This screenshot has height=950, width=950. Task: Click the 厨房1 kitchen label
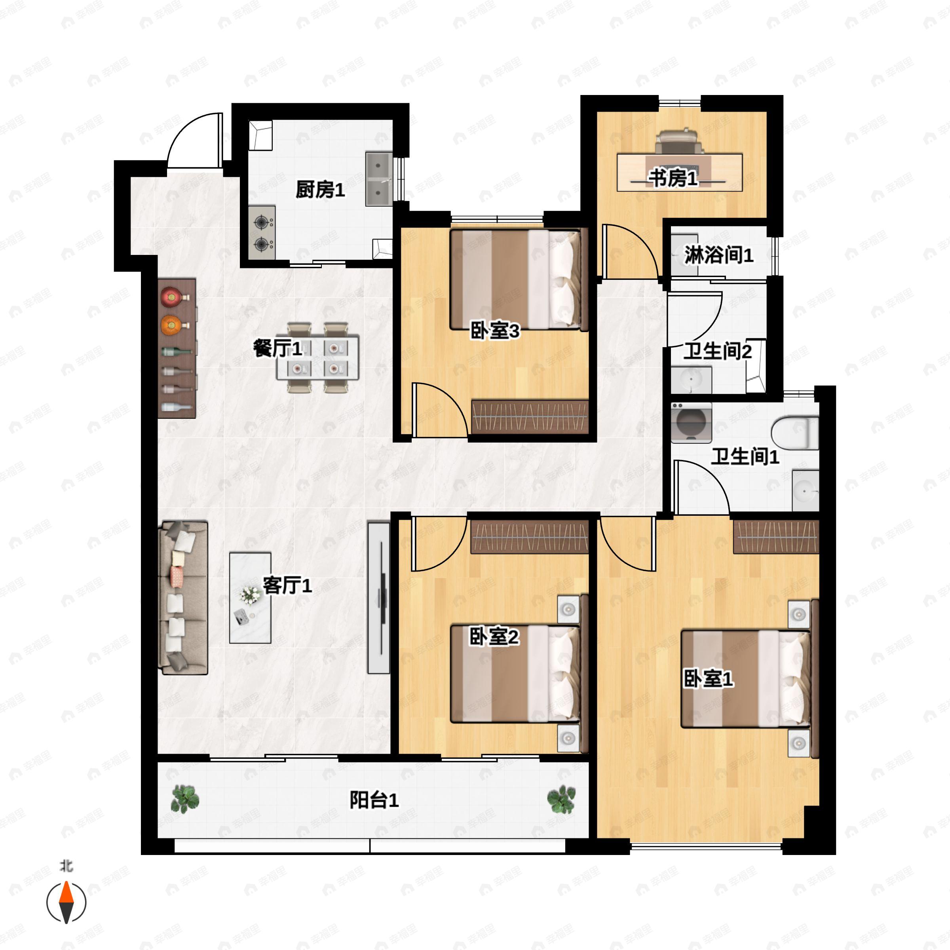pyautogui.click(x=320, y=190)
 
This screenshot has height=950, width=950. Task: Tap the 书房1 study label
pyautogui.click(x=673, y=178)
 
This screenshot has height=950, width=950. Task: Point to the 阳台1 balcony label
pyautogui.click(x=374, y=800)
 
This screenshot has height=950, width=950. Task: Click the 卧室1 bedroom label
pyautogui.click(x=708, y=679)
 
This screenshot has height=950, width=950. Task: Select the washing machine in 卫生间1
pyautogui.click(x=691, y=422)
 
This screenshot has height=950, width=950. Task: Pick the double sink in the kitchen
pyautogui.click(x=379, y=179)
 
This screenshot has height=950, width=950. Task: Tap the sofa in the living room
pyautogui.click(x=183, y=597)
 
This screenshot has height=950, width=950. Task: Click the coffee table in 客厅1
pyautogui.click(x=250, y=597)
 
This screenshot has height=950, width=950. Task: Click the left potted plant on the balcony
pyautogui.click(x=185, y=798)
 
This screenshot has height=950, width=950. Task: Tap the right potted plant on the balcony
pyautogui.click(x=561, y=798)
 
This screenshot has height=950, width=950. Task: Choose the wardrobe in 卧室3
pyautogui.click(x=530, y=416)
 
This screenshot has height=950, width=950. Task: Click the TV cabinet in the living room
pyautogui.click(x=379, y=597)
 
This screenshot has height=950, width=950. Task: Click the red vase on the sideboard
pyautogui.click(x=171, y=296)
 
